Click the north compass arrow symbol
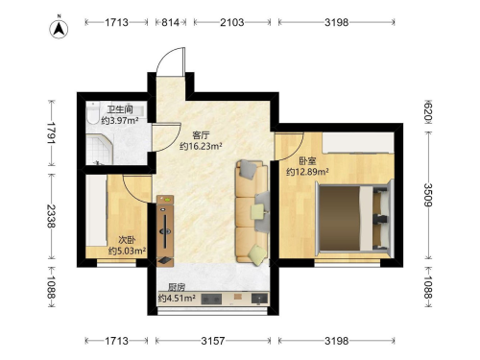tap(59, 29)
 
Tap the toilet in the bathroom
tap(93, 113)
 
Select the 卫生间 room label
tap(120, 109)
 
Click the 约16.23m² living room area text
tap(201, 146)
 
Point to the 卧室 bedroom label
tap(307, 160)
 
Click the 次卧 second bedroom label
tap(127, 240)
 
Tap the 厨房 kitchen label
tap(177, 287)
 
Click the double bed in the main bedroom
tap(354, 218)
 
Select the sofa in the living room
tap(252, 212)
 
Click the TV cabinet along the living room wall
tap(165, 230)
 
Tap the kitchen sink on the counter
tap(259, 299)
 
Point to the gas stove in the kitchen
tap(211, 300)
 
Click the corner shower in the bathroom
tap(100, 150)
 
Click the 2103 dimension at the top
tap(232, 22)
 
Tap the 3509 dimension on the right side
tap(428, 195)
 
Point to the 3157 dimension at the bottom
tap(213, 341)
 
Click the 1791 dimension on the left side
tap(52, 132)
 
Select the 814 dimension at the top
tap(170, 22)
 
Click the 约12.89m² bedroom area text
tap(307, 172)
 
